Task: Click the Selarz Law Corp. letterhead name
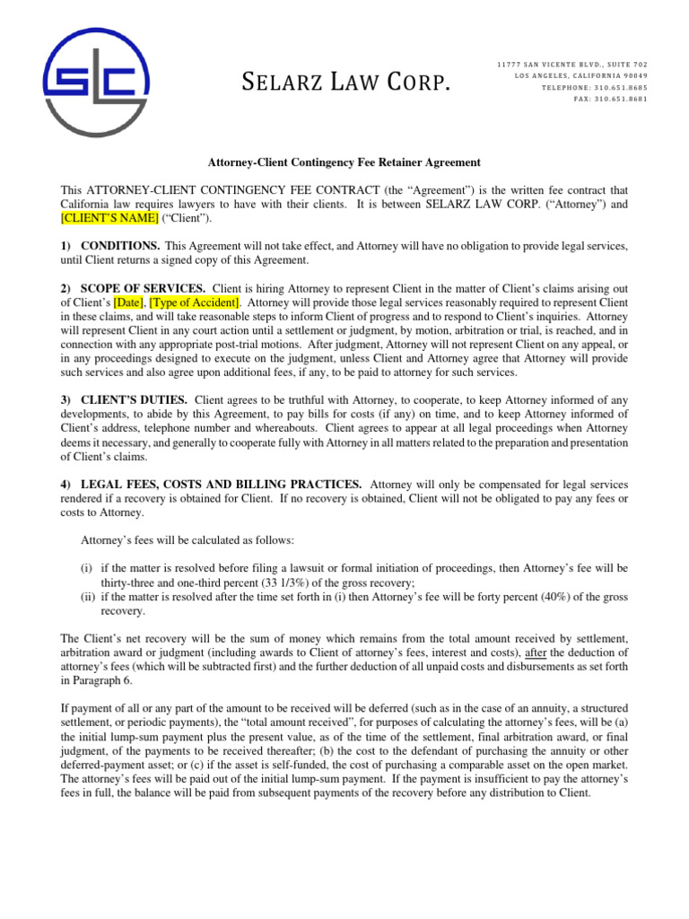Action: [345, 84]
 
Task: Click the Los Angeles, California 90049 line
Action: [581, 75]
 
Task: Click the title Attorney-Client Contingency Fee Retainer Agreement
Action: [345, 162]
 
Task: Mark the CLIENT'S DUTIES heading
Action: [134, 399]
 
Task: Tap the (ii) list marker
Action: [89, 597]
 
